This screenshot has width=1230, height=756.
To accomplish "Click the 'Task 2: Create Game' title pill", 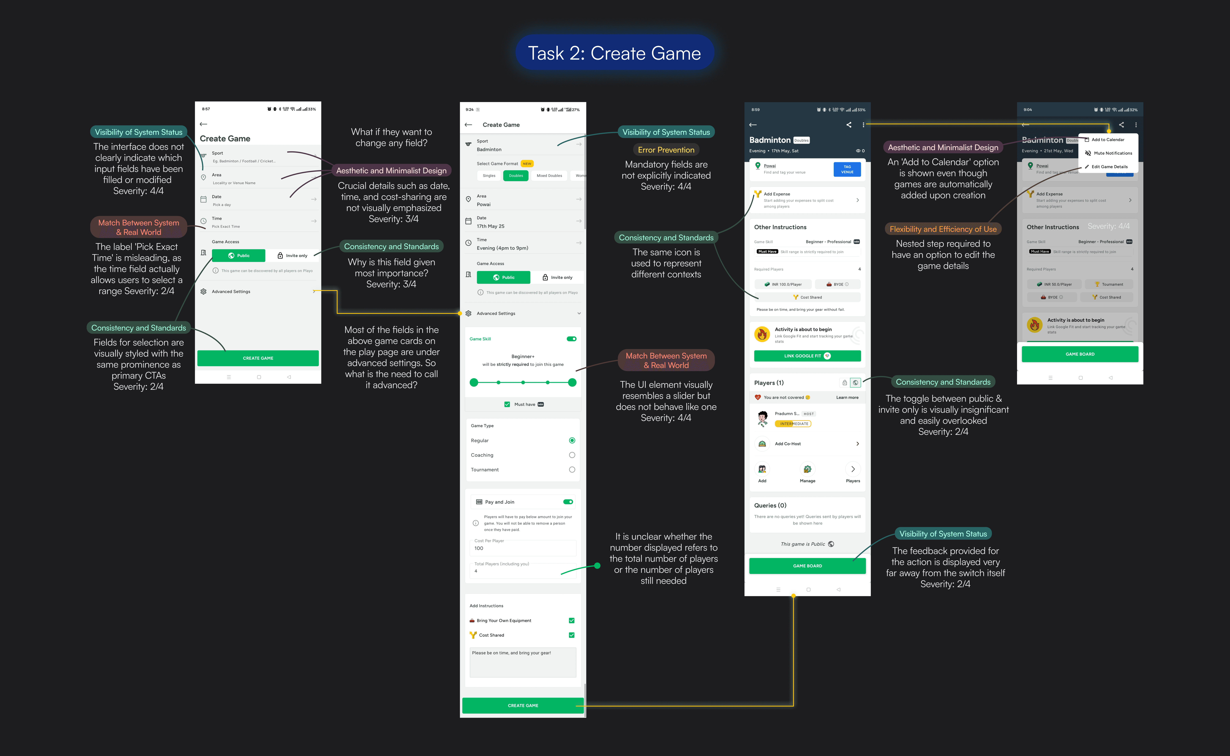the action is pyautogui.click(x=614, y=53).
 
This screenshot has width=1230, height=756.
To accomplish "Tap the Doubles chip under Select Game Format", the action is pyautogui.click(x=516, y=176).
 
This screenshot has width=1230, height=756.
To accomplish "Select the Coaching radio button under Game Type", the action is pyautogui.click(x=572, y=455).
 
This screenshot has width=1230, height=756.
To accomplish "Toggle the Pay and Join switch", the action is pyautogui.click(x=568, y=502).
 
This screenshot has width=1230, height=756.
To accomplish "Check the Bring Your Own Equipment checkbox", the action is pyautogui.click(x=571, y=620).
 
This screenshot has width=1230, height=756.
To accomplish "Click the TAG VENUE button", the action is pyautogui.click(x=847, y=169).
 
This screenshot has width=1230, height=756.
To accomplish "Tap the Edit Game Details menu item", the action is pyautogui.click(x=1109, y=167).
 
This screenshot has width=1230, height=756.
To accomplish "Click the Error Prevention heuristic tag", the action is pyautogui.click(x=666, y=150).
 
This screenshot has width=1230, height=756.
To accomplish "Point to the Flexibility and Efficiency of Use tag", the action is pyautogui.click(x=943, y=229).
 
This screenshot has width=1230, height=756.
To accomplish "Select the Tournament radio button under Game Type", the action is pyautogui.click(x=572, y=470).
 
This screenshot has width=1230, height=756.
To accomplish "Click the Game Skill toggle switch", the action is pyautogui.click(x=571, y=339).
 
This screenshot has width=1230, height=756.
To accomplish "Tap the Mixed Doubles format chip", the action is pyautogui.click(x=549, y=176).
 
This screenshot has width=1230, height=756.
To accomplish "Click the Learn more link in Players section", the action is pyautogui.click(x=847, y=398).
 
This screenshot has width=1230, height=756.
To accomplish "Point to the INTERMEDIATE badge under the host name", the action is pyautogui.click(x=793, y=424).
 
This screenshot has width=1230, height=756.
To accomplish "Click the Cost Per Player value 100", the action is pyautogui.click(x=479, y=548).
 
